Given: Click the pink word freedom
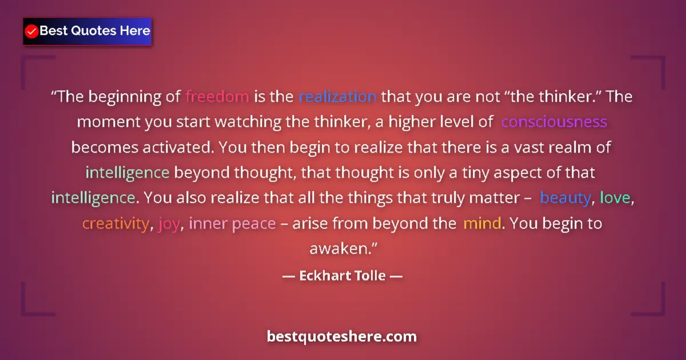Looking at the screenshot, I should tap(217, 97).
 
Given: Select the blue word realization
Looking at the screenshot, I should tap(337, 97).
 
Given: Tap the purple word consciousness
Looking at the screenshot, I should tap(554, 122).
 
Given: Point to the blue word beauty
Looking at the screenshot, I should tap(565, 198).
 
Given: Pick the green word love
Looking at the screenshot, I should tap(615, 198).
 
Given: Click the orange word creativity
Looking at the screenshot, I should tap(115, 223).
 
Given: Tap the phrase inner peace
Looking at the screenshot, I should tap(232, 223).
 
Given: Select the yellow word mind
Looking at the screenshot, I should tap(482, 223).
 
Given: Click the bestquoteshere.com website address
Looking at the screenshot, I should tap(342, 336).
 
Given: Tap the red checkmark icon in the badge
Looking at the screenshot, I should tap(32, 31).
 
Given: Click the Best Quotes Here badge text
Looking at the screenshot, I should tap(95, 31).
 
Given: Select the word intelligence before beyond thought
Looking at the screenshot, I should tap(127, 173).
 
